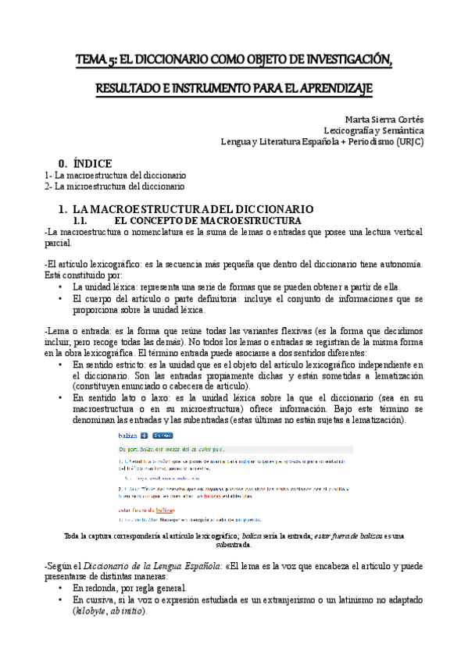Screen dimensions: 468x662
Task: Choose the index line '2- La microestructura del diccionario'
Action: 115,187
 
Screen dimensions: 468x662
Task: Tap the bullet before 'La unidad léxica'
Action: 60,287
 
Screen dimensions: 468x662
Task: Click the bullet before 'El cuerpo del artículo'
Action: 60,298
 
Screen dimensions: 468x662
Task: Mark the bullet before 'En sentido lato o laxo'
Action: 60,397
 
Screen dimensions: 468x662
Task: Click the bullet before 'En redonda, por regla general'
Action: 60,588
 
